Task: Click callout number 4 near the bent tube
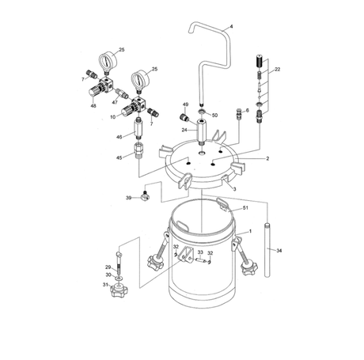pyautogui.click(x=231, y=28)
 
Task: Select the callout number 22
pyautogui.click(x=276, y=70)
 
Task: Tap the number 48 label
pyautogui.click(x=93, y=106)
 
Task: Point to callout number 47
pyautogui.click(x=114, y=102)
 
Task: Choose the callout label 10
pyautogui.click(x=114, y=117)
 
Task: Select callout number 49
pyautogui.click(x=185, y=104)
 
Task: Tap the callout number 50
pyautogui.click(x=214, y=116)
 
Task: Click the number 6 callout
pyautogui.click(x=247, y=110)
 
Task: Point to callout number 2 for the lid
pyautogui.click(x=267, y=158)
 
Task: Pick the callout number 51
pyautogui.click(x=245, y=208)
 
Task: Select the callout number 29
pyautogui.click(x=108, y=267)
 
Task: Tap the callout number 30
pyautogui.click(x=108, y=275)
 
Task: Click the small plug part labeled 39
pyautogui.click(x=146, y=198)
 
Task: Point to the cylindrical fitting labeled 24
pyautogui.click(x=203, y=129)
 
